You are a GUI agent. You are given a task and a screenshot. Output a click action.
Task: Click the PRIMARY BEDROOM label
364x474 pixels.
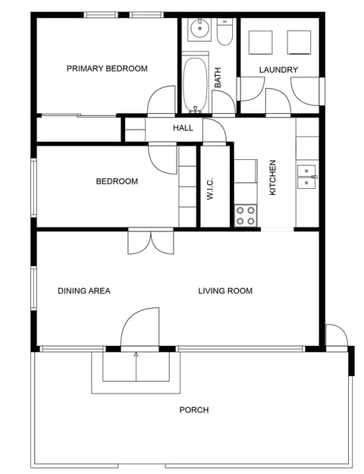coord(107,69)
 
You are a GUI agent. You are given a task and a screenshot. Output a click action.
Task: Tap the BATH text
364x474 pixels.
coord(218,78)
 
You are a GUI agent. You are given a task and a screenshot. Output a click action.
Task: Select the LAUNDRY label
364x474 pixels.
coord(278,70)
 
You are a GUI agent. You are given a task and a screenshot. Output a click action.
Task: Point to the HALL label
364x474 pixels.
coord(183,128)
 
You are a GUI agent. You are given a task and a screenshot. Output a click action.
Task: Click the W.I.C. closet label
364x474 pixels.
coord(211,189)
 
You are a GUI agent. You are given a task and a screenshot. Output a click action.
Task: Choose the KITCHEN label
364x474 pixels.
coord(273,177)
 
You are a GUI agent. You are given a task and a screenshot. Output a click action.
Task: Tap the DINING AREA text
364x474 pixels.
coord(84,290)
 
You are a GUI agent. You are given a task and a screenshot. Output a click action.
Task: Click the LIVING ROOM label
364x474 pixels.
coord(225,290)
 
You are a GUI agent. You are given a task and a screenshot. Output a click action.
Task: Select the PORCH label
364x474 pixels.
coord(193,410)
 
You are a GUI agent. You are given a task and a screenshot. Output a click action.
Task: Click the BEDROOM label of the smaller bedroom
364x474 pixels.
coord(117,181)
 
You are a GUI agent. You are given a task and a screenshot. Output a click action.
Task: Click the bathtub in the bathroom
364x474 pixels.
coord(194,84)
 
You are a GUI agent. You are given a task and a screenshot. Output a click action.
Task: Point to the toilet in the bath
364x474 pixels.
coord(224,32)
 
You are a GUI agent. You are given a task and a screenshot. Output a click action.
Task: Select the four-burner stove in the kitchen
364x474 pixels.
coord(245,215)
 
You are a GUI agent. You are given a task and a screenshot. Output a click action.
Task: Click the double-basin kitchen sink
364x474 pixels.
coord(306,177)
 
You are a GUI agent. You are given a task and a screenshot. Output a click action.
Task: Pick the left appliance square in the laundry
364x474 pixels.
coord(261,42)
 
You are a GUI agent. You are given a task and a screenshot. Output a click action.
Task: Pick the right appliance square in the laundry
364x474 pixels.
coord(299,42)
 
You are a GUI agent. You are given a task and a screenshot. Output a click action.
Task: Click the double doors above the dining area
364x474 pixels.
coord(151,241)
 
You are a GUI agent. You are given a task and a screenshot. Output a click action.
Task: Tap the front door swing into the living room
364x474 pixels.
coord(140,328)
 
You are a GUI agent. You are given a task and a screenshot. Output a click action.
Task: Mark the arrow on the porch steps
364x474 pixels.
coord(136,355)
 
